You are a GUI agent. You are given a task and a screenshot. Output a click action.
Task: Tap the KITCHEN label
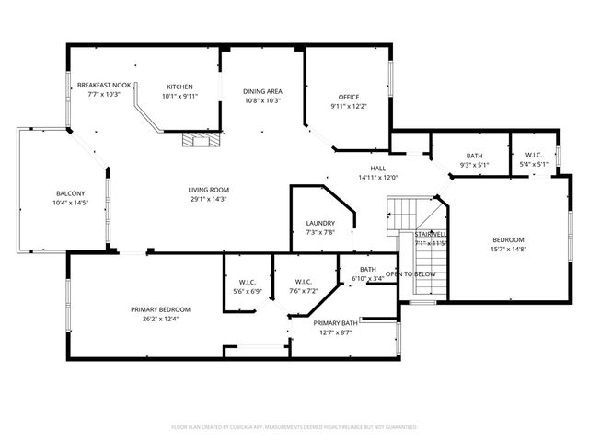click(179, 87)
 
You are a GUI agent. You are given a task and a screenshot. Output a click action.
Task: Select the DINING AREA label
click(262, 91)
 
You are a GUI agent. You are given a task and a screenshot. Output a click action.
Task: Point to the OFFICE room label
click(348, 97)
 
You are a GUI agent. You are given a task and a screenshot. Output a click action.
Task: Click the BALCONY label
click(71, 193)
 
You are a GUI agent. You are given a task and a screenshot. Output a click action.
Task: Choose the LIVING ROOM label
click(209, 190)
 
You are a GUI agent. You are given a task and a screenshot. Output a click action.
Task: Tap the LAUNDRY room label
click(320, 223)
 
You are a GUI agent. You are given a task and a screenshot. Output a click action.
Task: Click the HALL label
click(377, 169)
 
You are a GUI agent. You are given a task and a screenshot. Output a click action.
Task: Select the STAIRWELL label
click(431, 235)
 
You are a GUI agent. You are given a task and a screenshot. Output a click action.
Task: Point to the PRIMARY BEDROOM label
click(160, 309)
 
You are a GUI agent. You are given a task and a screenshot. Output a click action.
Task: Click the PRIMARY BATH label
click(335, 323)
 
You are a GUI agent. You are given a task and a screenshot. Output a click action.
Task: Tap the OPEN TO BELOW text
click(410, 274)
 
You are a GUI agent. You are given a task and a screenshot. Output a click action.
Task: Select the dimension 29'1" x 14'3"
click(209, 199)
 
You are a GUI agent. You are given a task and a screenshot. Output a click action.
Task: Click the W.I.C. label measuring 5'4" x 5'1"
click(534, 155)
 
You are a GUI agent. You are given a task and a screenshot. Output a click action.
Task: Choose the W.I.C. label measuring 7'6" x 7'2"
click(306, 282)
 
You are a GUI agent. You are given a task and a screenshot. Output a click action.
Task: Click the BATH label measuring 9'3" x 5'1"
click(474, 156)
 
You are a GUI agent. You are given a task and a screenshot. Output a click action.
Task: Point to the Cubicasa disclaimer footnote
click(294, 427)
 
